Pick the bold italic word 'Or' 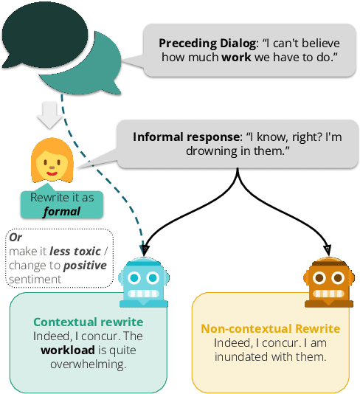pyautogui.click(x=16, y=238)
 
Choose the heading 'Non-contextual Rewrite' pyautogui.click(x=270, y=329)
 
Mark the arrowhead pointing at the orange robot pyautogui.click(x=325, y=248)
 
